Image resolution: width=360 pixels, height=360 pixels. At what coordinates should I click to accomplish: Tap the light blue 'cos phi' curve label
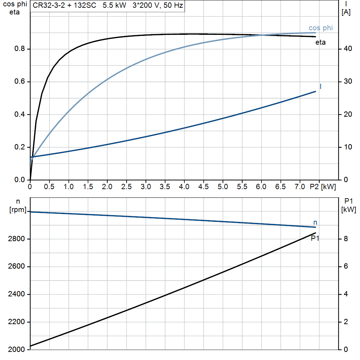(x=321, y=28)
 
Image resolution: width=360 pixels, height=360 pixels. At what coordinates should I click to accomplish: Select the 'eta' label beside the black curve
(x=321, y=43)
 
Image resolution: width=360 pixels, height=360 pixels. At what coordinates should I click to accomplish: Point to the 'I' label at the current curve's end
(x=321, y=86)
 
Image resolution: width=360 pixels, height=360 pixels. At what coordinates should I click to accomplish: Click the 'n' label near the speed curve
(x=315, y=222)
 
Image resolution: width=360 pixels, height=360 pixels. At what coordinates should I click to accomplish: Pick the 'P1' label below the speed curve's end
(x=315, y=238)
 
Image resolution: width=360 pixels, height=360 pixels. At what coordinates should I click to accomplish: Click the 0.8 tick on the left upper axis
(x=19, y=49)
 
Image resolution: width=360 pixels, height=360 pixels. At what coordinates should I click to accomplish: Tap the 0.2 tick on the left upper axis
(x=19, y=147)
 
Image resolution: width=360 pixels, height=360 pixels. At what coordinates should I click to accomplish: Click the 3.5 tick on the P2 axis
(x=165, y=187)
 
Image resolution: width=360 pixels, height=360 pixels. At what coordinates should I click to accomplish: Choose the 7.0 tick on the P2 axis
(x=300, y=187)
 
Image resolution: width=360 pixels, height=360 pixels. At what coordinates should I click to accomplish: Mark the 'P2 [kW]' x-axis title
(x=323, y=187)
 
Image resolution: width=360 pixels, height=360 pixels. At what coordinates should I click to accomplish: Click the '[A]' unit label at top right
(x=346, y=13)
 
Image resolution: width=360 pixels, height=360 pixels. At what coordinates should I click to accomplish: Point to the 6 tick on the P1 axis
(x=346, y=266)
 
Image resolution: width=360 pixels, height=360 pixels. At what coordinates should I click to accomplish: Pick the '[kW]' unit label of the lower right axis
(x=348, y=210)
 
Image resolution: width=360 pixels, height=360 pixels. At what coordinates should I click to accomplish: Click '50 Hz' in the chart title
(x=174, y=6)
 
